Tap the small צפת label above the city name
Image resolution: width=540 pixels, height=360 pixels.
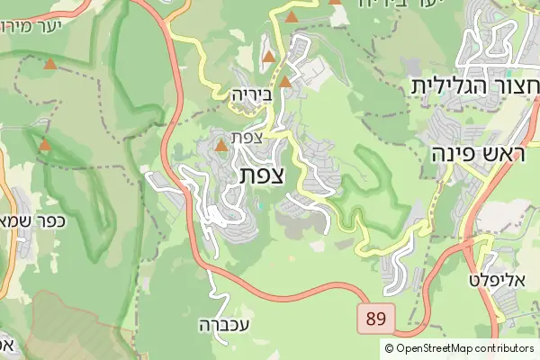246,138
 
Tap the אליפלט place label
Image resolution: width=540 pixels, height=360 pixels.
490,281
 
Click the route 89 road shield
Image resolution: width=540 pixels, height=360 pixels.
374,318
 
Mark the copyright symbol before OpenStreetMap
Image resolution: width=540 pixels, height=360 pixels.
389,348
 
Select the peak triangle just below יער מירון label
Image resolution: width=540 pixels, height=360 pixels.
50,65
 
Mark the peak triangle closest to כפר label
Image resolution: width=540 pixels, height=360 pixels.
45,144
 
